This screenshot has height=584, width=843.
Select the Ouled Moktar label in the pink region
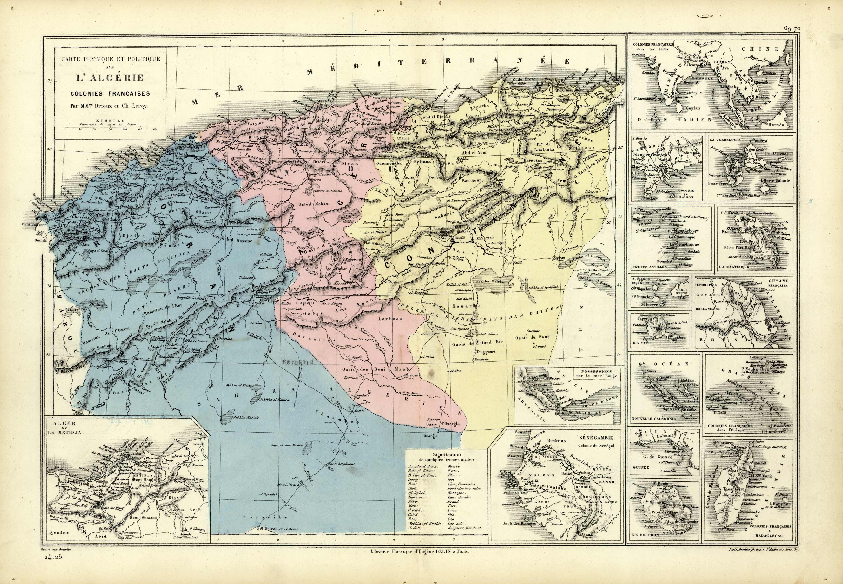314,204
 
